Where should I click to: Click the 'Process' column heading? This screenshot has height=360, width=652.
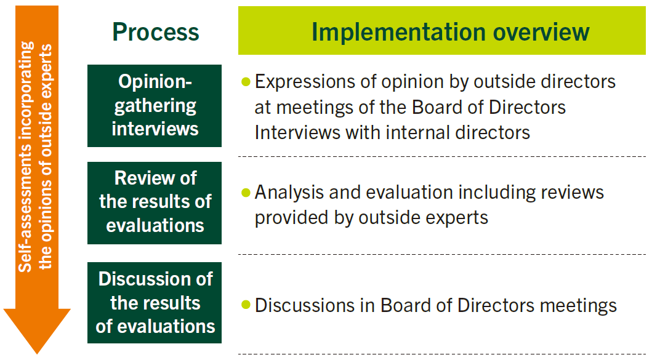click(156, 32)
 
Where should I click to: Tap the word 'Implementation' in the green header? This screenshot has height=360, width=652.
click(398, 33)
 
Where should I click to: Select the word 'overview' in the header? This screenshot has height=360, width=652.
click(541, 33)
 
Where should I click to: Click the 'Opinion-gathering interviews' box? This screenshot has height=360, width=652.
click(155, 106)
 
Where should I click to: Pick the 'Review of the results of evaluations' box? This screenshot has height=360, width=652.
click(155, 203)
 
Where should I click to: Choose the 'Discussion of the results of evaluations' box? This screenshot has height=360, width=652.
click(155, 303)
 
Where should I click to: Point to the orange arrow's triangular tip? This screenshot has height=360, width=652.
click(37, 353)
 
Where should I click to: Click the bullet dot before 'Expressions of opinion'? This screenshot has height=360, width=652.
click(246, 82)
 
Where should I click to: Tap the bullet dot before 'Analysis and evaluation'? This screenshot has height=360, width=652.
click(246, 193)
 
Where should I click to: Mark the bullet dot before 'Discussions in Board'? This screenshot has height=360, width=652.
click(246, 305)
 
